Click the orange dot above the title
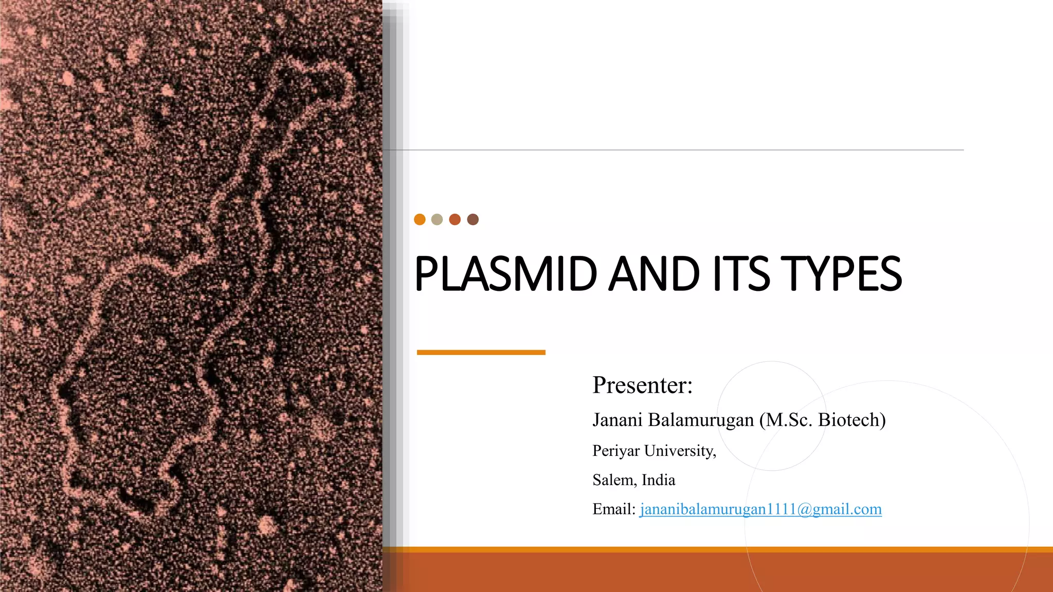click(x=420, y=219)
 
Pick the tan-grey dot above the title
click(x=437, y=219)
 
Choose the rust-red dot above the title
click(x=455, y=219)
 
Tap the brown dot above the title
click(x=473, y=219)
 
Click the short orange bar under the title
click(x=481, y=353)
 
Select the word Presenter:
click(x=642, y=385)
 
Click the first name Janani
click(x=618, y=420)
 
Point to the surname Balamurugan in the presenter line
click(x=701, y=420)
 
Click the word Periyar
click(x=616, y=451)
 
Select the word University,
click(x=680, y=451)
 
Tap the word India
click(x=659, y=480)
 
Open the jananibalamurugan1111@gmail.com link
click(x=760, y=509)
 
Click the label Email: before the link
click(x=614, y=509)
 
